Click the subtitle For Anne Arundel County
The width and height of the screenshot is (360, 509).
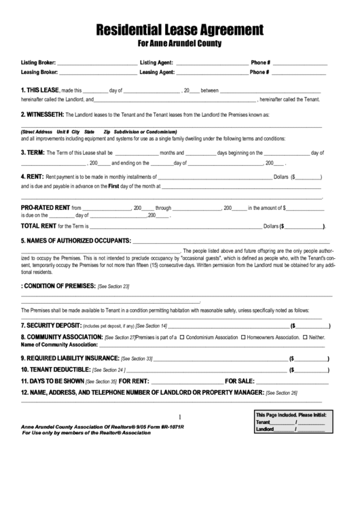(x=180, y=44)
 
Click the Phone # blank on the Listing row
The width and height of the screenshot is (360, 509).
(x=300, y=63)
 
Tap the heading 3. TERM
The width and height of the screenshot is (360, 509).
(x=33, y=152)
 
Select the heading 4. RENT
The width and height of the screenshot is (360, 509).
(x=33, y=175)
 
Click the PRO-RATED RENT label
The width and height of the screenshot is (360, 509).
(x=46, y=208)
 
